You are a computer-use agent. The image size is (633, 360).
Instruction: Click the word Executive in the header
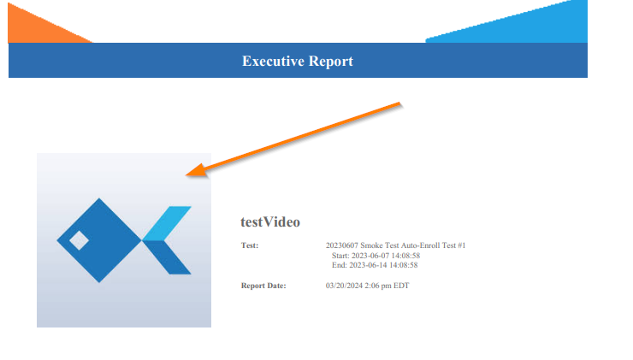[x=274, y=61]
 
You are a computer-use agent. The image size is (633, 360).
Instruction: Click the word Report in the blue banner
[x=331, y=62]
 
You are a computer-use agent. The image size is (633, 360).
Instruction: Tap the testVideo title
[x=270, y=222]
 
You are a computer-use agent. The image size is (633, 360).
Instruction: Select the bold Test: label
[x=250, y=245]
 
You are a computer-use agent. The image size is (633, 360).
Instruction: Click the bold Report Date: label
[x=263, y=286]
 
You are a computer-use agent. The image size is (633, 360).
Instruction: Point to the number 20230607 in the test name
[x=341, y=245]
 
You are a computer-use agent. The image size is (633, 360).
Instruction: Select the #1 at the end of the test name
[x=461, y=245]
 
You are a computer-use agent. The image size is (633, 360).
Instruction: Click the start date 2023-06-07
[x=370, y=256]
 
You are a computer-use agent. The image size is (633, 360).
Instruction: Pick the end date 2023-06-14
[x=367, y=265]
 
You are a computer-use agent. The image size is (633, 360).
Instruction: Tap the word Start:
[x=340, y=256]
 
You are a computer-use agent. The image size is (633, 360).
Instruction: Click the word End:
[x=339, y=265]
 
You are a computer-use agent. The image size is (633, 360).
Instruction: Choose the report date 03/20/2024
[x=344, y=286]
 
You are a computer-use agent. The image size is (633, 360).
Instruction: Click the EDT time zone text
[x=401, y=286]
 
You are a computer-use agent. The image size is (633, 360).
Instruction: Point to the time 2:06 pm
[x=378, y=286]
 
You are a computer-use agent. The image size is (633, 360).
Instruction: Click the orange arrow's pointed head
[x=187, y=174]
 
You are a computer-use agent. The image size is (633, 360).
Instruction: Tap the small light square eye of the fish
[x=79, y=240]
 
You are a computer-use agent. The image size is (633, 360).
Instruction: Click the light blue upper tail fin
[x=167, y=223]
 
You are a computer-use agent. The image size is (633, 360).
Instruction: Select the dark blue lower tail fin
[x=167, y=257]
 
